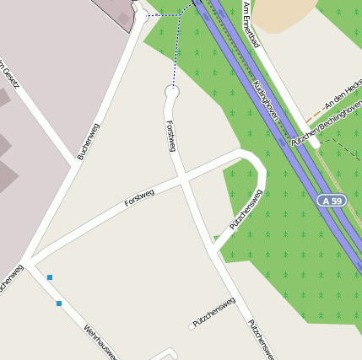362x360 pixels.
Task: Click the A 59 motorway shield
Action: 333,201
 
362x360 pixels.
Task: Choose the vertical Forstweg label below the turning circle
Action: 171,136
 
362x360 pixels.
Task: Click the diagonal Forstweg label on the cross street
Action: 139,199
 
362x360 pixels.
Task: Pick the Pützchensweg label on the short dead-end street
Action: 213,312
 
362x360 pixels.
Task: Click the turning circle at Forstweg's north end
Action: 173,91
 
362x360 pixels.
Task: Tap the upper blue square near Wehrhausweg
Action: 50,277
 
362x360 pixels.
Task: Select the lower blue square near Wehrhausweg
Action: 59,303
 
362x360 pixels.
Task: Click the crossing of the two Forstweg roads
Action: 183,179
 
